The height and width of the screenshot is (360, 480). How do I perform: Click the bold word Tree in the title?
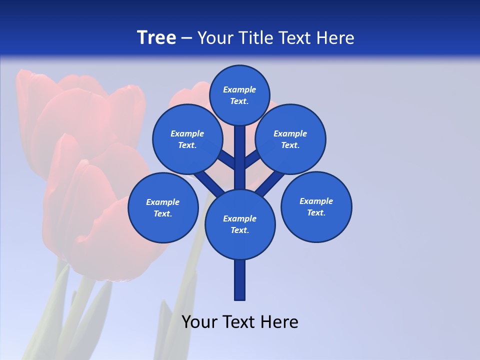156,38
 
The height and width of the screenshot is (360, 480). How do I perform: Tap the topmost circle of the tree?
239,95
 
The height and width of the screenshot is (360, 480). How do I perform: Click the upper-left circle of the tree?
187,139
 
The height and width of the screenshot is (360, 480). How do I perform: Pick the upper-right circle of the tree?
290,139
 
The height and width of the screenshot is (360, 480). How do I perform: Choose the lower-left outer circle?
163,207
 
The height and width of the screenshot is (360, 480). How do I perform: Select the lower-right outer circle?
316,206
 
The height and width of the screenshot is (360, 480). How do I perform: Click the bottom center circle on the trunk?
239,224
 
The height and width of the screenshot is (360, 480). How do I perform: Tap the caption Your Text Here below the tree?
239,321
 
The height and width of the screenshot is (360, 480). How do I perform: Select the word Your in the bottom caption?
199,321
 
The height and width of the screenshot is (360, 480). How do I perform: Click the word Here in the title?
335,38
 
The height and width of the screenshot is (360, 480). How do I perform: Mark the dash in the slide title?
186,38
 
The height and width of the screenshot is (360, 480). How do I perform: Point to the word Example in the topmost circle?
239,89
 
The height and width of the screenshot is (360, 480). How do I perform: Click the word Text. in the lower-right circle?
316,212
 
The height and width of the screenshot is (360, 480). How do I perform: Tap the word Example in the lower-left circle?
162,202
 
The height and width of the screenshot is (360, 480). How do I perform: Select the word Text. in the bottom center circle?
239,230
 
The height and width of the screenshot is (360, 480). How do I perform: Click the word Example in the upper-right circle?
290,133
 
